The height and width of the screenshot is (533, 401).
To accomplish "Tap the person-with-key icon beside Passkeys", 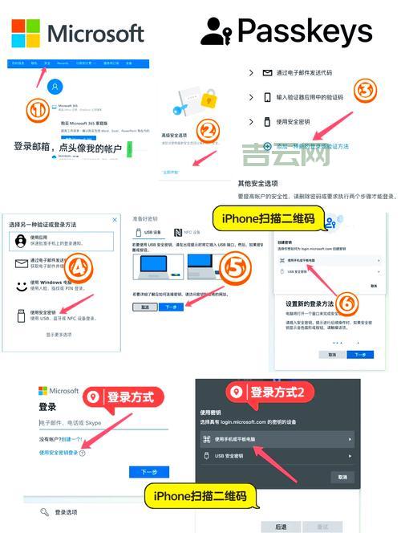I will pyautogui.click(x=216, y=32).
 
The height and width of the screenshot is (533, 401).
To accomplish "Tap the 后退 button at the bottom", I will pyautogui.click(x=281, y=527).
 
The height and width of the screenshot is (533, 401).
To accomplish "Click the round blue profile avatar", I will pyautogui.click(x=55, y=86).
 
